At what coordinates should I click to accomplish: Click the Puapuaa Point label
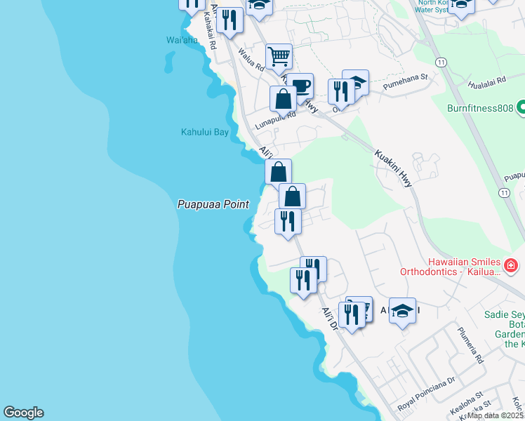point(213,204)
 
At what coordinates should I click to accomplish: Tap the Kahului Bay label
point(205,131)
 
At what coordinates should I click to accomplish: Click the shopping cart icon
point(279,55)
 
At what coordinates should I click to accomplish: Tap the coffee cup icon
point(300,86)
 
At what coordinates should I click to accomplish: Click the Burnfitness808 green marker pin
point(521,109)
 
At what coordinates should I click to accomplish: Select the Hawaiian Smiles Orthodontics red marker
point(511,265)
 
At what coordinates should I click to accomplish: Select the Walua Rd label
point(250,59)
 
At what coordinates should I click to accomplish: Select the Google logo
point(23,413)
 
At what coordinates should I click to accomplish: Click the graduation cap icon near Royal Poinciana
point(402,309)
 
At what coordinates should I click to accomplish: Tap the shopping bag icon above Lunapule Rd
point(283,99)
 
